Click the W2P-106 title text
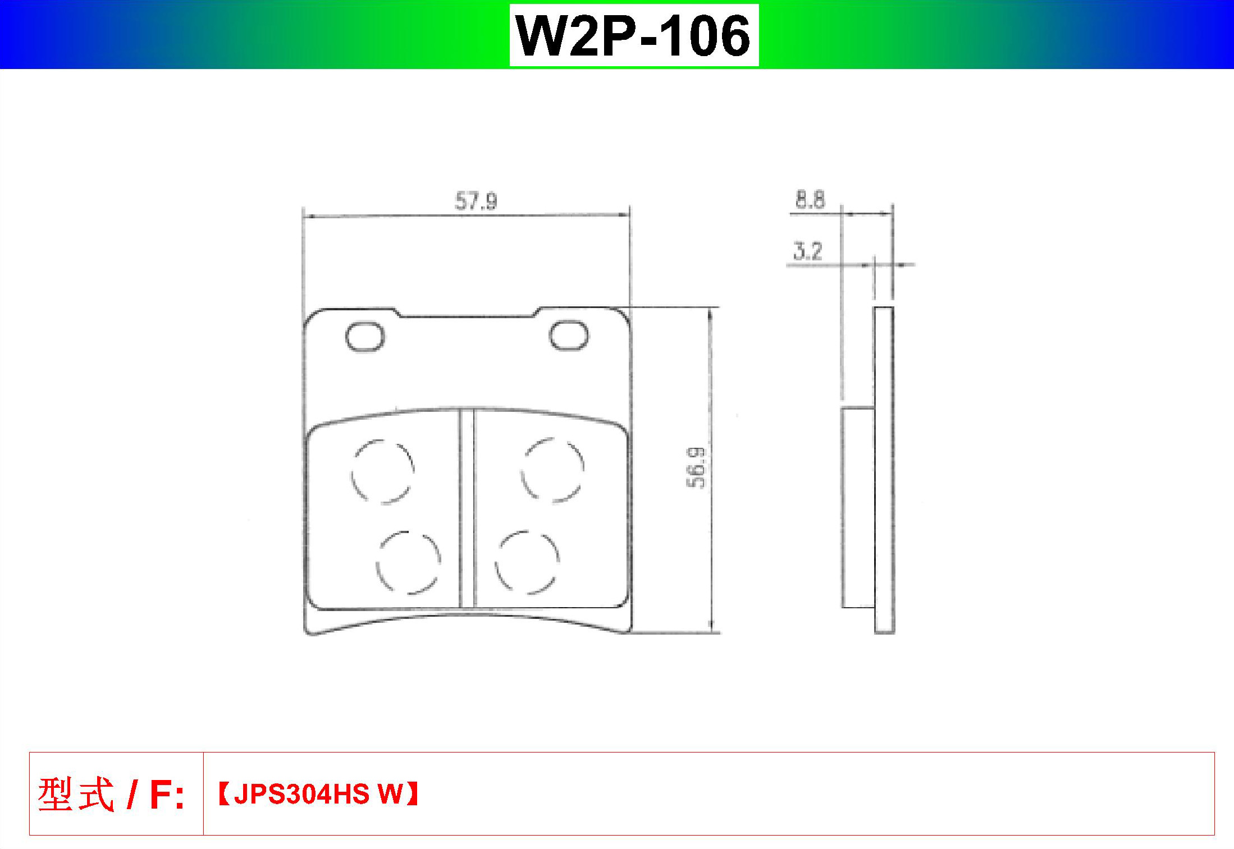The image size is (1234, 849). (x=633, y=35)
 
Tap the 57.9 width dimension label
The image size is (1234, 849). (x=476, y=201)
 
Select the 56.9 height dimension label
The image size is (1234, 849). (x=696, y=467)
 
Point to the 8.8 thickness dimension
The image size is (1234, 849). (x=810, y=200)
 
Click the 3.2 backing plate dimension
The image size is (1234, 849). (x=808, y=251)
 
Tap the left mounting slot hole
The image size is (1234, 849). (x=365, y=337)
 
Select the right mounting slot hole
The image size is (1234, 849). (x=569, y=336)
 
